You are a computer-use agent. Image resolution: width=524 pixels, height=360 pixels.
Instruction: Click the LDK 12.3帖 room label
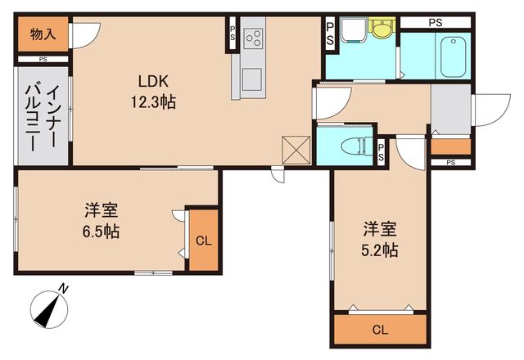(152, 92)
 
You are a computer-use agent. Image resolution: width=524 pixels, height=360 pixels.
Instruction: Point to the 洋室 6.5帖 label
(102, 220)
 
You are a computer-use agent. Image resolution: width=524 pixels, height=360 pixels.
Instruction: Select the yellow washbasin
(381, 30)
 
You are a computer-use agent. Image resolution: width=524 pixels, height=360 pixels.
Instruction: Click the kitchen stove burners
(253, 38)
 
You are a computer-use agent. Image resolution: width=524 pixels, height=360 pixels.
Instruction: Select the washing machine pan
(354, 35)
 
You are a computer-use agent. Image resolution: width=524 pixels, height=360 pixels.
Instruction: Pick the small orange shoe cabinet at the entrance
(450, 147)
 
